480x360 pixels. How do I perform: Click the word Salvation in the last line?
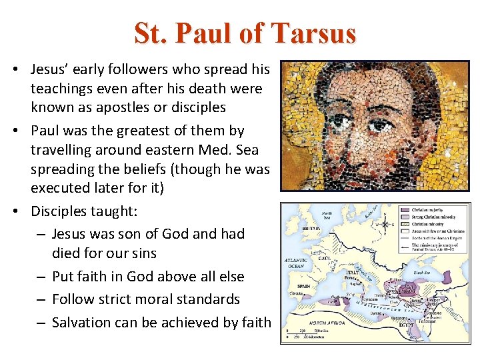click(x=81, y=323)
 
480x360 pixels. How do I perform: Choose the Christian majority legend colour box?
click(x=403, y=209)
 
